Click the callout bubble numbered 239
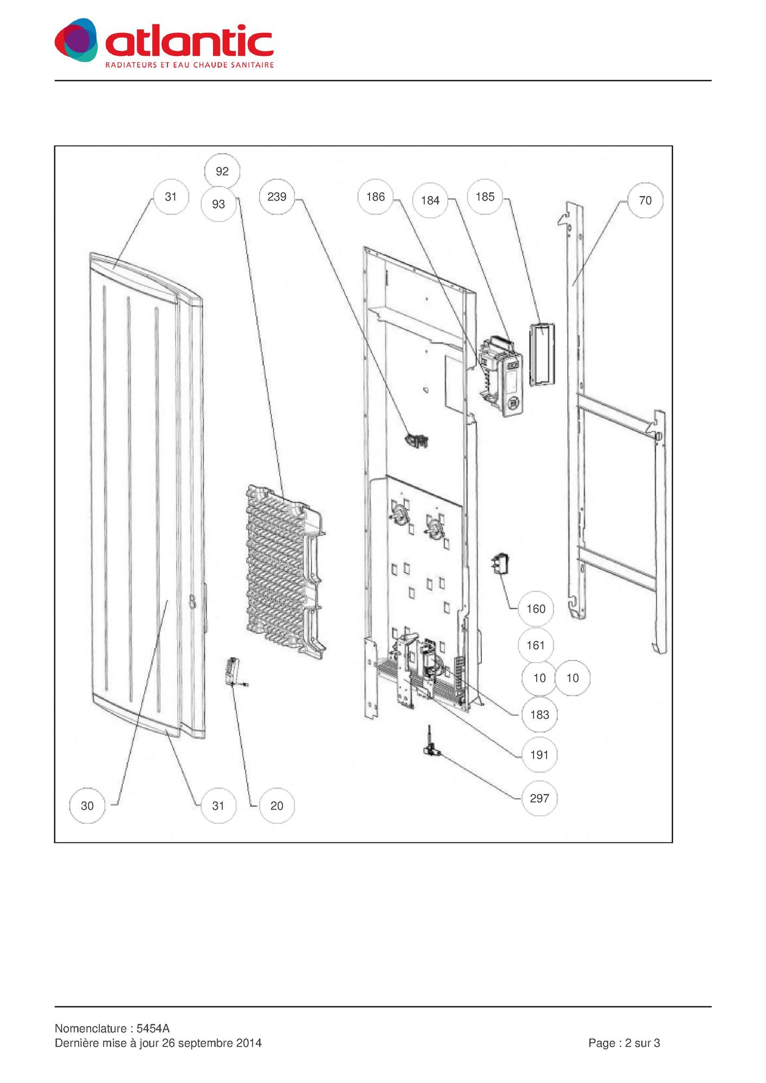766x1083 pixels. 277,197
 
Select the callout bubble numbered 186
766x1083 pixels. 375,197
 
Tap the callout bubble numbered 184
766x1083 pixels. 430,200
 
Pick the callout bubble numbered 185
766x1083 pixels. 485,197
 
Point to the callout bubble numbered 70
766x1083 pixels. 645,200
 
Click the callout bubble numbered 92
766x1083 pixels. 222,172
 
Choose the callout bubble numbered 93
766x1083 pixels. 218,204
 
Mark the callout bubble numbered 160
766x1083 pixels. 536,609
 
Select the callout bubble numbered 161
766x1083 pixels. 536,645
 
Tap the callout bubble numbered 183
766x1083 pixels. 539,715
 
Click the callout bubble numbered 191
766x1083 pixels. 539,755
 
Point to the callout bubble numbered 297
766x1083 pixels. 539,798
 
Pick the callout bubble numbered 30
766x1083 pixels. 87,806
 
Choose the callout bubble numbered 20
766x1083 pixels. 277,806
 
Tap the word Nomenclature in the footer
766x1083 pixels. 90,1029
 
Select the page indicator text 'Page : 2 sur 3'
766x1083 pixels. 624,1043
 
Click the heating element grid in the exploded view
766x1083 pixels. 282,568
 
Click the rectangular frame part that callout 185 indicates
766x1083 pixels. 542,354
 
